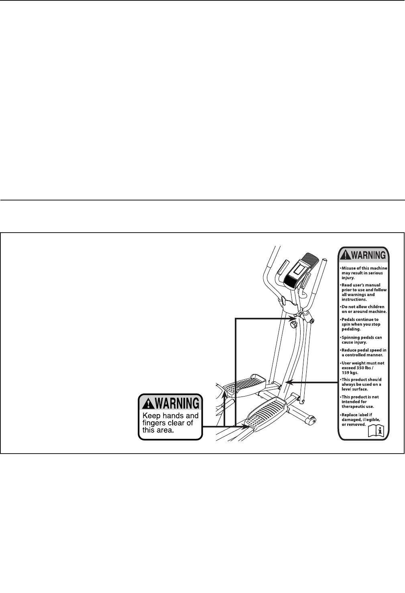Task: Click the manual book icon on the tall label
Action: (376, 431)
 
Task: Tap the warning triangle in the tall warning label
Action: (345, 255)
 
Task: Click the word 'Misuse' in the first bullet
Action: (349, 268)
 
